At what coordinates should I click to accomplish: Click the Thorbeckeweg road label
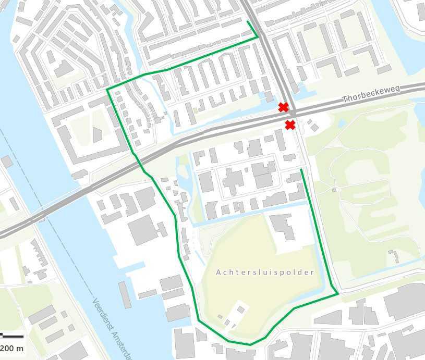point(371,94)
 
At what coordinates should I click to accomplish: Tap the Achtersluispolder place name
point(265,272)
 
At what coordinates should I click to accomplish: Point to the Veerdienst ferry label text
point(112,328)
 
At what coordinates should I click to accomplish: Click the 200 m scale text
point(11,348)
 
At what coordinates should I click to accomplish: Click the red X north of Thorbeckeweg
point(283,107)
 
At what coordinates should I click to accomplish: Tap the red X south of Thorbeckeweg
point(290,125)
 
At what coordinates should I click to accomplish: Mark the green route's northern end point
point(247,21)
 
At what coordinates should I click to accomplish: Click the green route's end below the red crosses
point(301,169)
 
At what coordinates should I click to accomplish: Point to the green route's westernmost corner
point(107,90)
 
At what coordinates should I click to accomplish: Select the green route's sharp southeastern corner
point(338,294)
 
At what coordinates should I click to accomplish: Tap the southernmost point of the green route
point(250,344)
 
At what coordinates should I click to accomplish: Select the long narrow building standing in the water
point(125,294)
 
